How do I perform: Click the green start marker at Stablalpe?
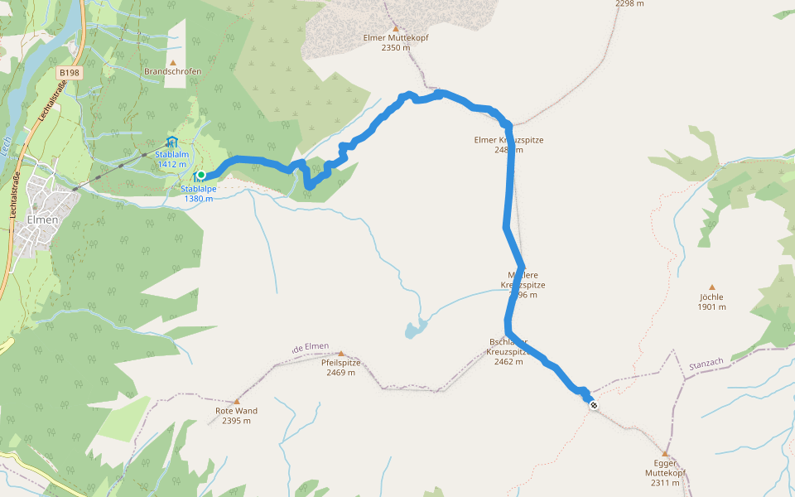tap(200, 175)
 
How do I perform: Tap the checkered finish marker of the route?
tap(594, 405)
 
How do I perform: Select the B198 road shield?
tap(70, 74)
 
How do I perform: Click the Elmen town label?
tap(41, 220)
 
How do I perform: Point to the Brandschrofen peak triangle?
tap(173, 62)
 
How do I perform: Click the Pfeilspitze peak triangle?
tap(340, 353)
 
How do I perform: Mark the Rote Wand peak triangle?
tap(236, 401)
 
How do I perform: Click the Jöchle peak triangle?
tap(711, 287)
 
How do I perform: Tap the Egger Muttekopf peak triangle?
tap(665, 454)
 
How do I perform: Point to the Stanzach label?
tap(706, 363)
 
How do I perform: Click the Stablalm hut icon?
tap(171, 142)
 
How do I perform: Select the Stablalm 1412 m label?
tap(172, 159)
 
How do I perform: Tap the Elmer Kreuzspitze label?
tap(508, 145)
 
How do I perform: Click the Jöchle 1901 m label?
tap(711, 302)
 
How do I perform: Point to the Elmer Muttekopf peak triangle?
tap(395, 27)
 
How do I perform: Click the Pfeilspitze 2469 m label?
tap(340, 367)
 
